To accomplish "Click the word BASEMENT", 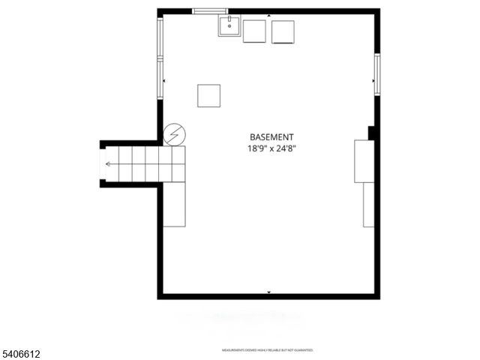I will pos(271,137).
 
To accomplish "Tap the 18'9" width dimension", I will pos(257,148).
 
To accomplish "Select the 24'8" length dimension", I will pos(286,148).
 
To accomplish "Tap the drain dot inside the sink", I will pos(229,26).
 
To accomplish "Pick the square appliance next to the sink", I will pos(254,31).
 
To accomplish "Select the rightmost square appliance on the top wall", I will pos(283,32).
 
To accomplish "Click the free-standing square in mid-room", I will pos(209,95).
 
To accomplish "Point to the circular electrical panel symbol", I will pos(174,134).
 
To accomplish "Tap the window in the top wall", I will pos(210,11).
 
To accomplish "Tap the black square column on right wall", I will pos(372,133).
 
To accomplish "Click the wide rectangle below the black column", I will pos(364,160).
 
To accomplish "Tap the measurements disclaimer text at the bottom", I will pos(267,350).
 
